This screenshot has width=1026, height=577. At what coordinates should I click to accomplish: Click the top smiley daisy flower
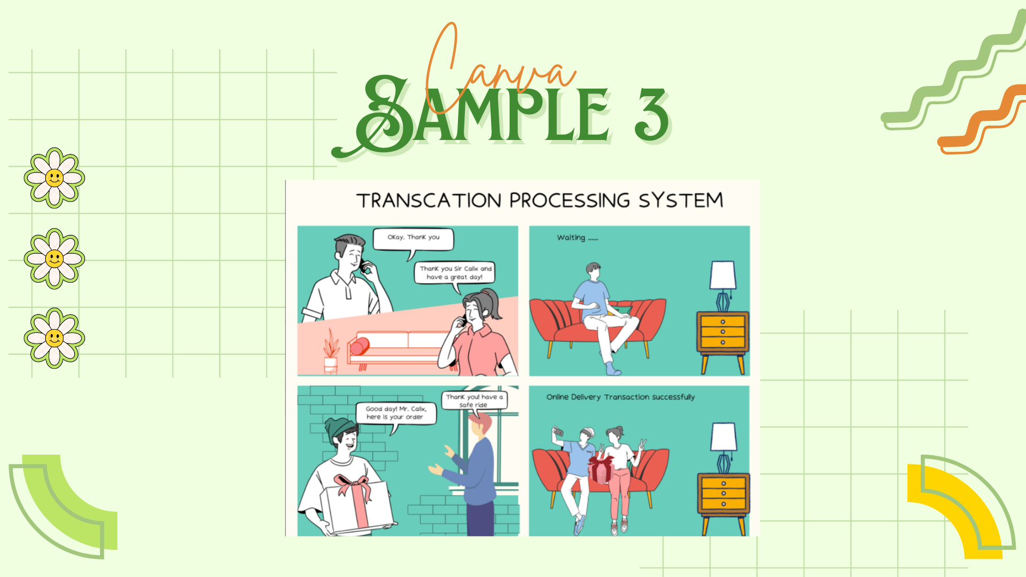pos(55,177)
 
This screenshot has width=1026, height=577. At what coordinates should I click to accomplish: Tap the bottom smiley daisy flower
pos(55,338)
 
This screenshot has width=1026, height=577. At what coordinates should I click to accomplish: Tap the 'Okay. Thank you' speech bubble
pos(413,238)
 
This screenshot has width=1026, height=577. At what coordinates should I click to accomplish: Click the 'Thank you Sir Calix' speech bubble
pos(455,272)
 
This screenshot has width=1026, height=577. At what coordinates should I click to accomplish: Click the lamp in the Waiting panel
pos(723,283)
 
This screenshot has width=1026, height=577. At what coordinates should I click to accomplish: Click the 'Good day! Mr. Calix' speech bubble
pos(396,413)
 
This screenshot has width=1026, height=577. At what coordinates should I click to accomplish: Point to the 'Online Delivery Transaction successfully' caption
pos(620,397)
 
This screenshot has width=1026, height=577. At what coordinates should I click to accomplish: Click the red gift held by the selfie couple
pos(601,469)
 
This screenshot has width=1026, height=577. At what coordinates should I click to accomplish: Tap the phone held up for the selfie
pos(558,431)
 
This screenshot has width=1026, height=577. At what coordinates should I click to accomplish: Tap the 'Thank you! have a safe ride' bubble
pos(474,400)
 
